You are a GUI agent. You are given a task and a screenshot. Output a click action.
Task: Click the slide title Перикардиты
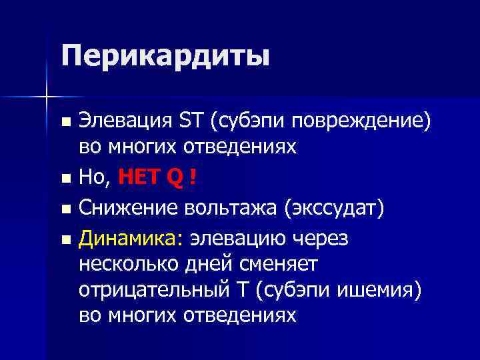165,56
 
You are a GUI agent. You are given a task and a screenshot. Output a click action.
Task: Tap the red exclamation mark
193,178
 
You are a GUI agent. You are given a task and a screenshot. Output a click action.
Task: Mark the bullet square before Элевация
65,123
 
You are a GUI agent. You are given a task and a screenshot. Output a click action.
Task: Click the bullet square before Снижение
65,209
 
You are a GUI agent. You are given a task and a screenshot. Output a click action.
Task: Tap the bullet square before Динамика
65,237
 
